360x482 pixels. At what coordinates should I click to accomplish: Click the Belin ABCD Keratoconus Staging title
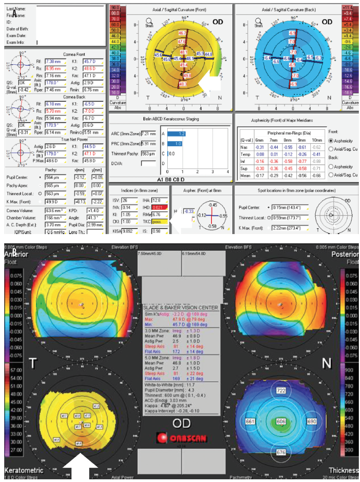[171, 119]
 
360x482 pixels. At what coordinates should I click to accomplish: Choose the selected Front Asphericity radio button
[331, 141]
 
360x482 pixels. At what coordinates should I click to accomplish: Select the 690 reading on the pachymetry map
[312, 422]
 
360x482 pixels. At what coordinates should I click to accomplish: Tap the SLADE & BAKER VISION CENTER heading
[180, 307]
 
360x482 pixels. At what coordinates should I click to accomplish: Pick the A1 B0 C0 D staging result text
[171, 179]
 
